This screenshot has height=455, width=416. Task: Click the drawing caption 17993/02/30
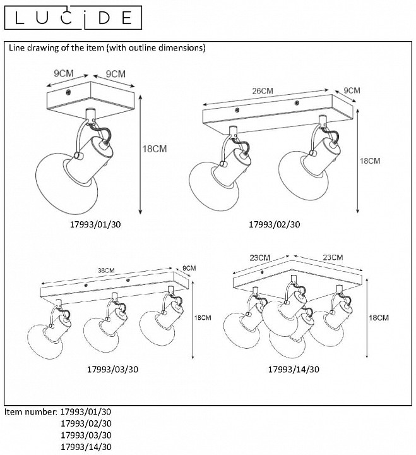(x=274, y=224)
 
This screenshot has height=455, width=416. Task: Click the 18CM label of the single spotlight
(x=155, y=150)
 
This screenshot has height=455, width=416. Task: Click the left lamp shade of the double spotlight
(x=210, y=183)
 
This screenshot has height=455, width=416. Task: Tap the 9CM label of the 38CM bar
(x=189, y=268)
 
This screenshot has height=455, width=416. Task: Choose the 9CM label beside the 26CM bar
(x=352, y=91)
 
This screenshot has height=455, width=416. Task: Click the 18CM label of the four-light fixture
(x=377, y=317)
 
